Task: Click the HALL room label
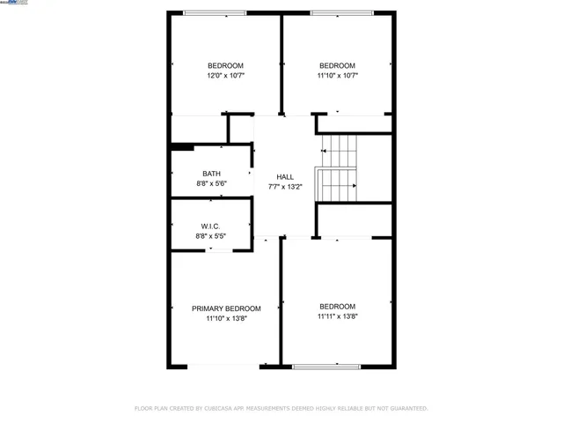(285, 176)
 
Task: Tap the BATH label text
(211, 174)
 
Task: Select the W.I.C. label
(211, 226)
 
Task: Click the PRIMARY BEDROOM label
(226, 308)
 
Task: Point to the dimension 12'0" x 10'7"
(225, 76)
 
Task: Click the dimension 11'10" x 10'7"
(337, 76)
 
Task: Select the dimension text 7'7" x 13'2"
(285, 187)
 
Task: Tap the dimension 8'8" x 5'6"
(211, 184)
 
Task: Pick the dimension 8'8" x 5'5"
(211, 237)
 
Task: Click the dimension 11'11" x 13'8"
(337, 317)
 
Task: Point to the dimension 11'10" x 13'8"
(226, 319)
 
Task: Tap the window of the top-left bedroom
(215, 13)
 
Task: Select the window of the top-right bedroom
(336, 13)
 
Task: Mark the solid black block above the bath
(182, 146)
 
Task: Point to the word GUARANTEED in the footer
(406, 409)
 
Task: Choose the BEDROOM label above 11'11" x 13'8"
(337, 307)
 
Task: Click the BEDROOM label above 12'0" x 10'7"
(225, 66)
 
